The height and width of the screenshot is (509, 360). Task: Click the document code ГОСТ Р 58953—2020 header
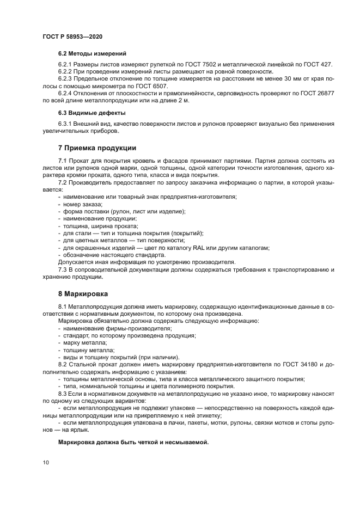click(72, 35)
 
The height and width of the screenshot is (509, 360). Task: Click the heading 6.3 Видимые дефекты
click(91, 113)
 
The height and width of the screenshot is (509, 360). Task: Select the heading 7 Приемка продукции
click(97, 148)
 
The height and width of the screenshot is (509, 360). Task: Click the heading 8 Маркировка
click(83, 292)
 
